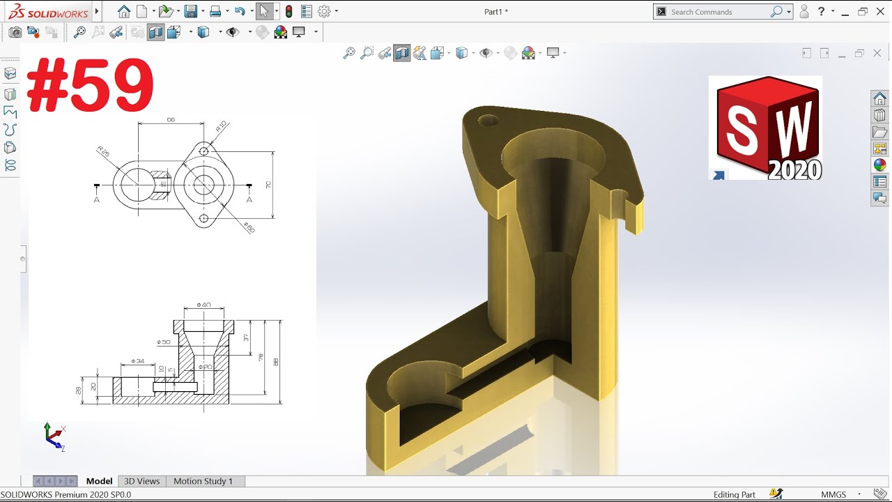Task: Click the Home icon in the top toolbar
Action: [x=124, y=11]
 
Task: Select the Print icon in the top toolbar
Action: [x=215, y=11]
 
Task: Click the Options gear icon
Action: [x=324, y=11]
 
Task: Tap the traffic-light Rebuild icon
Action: [x=289, y=11]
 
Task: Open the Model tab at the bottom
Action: [x=99, y=481]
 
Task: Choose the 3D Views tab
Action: [x=141, y=481]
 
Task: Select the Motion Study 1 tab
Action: [x=203, y=481]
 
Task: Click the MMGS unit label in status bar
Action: [x=833, y=494]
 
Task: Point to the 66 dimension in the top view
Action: [x=171, y=120]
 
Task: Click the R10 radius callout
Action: [x=222, y=128]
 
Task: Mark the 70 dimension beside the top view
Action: [x=268, y=185]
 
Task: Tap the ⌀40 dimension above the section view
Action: [x=203, y=305]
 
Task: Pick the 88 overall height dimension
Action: [x=276, y=362]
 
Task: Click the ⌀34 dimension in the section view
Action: [x=137, y=361]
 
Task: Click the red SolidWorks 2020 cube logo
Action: [x=765, y=128]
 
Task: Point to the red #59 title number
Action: [x=90, y=85]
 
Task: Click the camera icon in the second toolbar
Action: [x=15, y=32]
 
